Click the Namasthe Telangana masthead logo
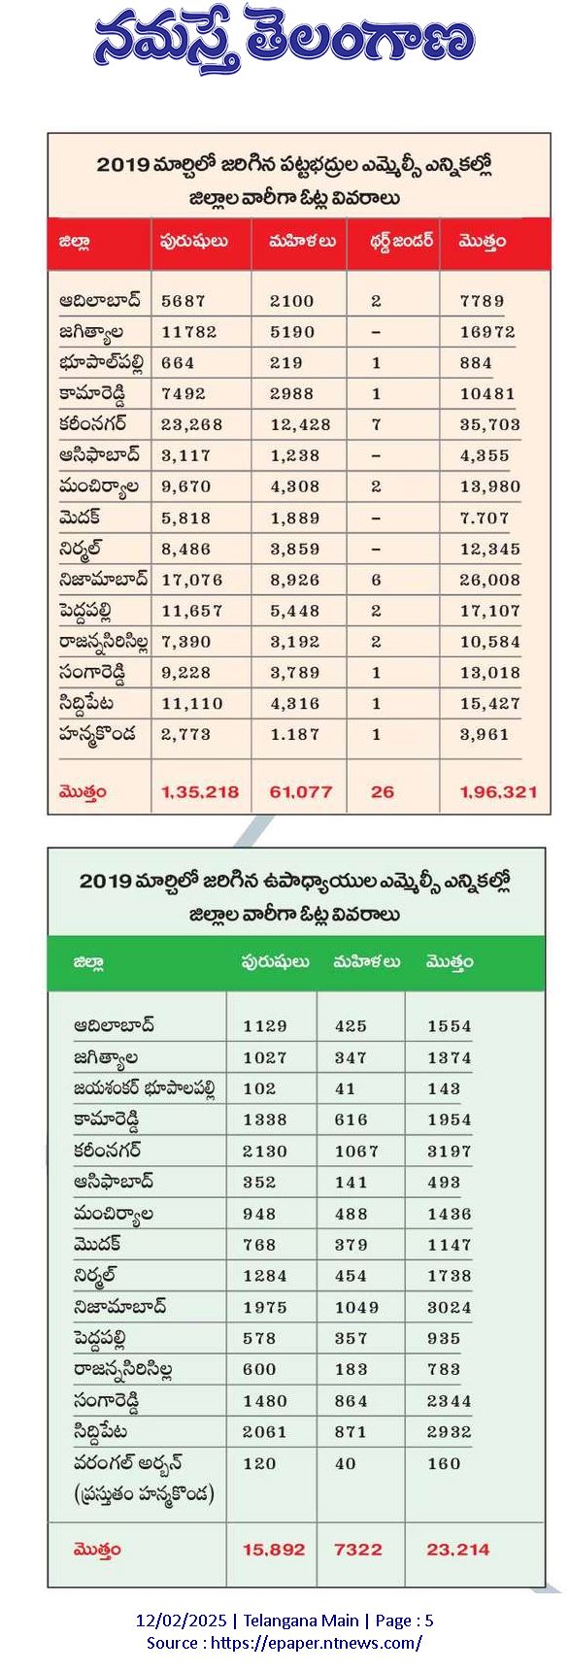coord(284,42)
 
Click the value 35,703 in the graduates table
coord(489,424)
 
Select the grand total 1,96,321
coord(498,791)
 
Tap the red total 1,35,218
coord(200,791)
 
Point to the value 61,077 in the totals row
coord(301,791)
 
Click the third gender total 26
coord(383,791)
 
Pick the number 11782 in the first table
coord(189,332)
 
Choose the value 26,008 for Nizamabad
coord(489,580)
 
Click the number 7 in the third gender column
coord(377,424)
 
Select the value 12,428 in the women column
coord(300,424)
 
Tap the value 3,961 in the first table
coord(485,734)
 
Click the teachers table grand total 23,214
coord(457,1550)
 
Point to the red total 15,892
coord(274,1550)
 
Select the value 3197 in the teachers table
coord(449,1151)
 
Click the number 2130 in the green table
coord(265,1151)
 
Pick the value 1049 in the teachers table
coord(356,1307)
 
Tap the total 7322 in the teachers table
coord(358,1550)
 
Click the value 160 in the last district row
coord(444,1463)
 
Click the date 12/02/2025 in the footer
coord(181,1621)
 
